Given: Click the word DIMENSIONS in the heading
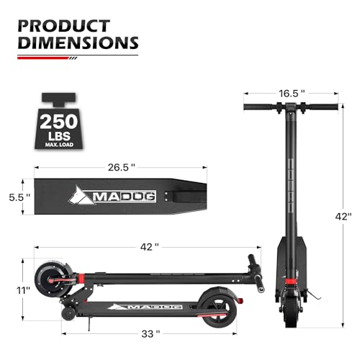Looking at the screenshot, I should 77,42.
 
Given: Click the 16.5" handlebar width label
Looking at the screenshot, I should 294,94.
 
